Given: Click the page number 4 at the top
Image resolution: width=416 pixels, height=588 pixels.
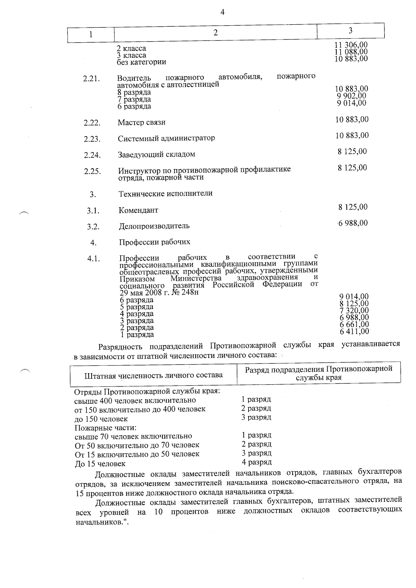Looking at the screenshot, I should click(x=222, y=12).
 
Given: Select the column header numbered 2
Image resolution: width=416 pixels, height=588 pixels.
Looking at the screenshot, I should click(x=216, y=33).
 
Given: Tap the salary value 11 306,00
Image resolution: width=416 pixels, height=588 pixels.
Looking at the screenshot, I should click(x=351, y=45).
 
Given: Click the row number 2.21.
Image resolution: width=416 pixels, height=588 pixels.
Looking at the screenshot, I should click(x=92, y=79).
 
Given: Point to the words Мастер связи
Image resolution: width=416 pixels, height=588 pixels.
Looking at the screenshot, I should click(x=141, y=122).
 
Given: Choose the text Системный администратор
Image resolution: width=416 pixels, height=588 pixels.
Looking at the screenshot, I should click(x=166, y=138).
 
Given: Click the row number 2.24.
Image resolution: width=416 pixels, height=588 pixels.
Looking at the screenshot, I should click(x=92, y=155).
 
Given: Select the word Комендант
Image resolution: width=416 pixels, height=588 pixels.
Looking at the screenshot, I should click(x=138, y=210).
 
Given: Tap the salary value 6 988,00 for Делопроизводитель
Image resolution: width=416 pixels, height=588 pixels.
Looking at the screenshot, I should click(x=353, y=223).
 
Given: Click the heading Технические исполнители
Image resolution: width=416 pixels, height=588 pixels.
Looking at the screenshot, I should click(x=166, y=193).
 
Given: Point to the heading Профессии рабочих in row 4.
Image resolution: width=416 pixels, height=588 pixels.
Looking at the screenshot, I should click(x=155, y=242).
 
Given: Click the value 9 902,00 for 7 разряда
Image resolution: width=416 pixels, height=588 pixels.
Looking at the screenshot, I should click(x=352, y=96).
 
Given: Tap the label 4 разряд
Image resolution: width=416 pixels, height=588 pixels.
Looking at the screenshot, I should click(x=257, y=462).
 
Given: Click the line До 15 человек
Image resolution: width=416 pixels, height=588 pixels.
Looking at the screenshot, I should click(x=100, y=464).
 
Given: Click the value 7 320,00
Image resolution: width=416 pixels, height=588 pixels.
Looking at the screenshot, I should click(x=354, y=310).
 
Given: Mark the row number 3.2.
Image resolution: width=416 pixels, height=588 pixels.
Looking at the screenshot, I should click(x=93, y=227).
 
